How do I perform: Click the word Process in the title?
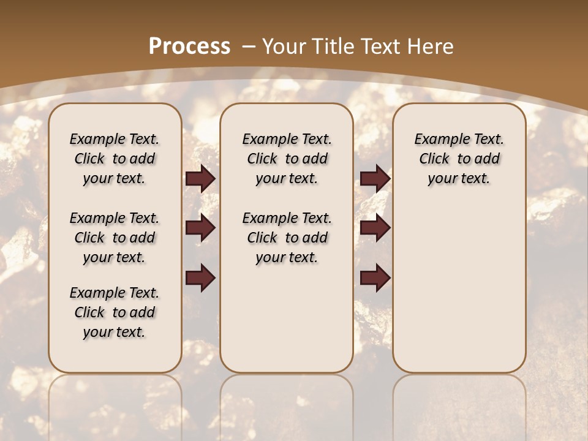click(x=189, y=47)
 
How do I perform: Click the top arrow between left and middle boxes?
click(x=200, y=179)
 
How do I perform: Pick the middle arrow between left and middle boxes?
click(x=200, y=228)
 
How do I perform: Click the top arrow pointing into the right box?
click(x=375, y=179)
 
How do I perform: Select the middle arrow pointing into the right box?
click(x=375, y=228)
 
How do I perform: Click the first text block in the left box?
click(x=115, y=159)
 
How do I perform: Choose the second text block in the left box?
click(x=115, y=238)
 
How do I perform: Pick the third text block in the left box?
click(x=115, y=312)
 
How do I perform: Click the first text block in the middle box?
click(x=287, y=159)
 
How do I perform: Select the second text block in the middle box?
click(x=287, y=238)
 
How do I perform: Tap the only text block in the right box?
click(x=459, y=159)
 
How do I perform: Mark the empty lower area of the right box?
click(x=459, y=288)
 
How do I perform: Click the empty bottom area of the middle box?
click(x=287, y=325)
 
